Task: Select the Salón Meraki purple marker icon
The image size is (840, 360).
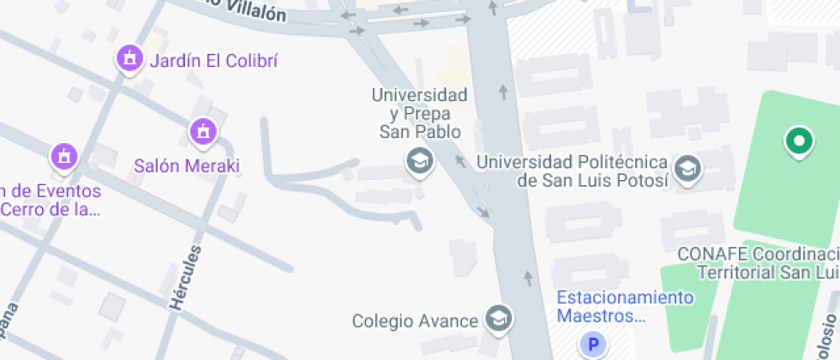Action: tap(202, 131)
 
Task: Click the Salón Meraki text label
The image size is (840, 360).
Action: tap(187, 165)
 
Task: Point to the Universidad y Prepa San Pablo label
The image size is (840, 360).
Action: tap(420, 113)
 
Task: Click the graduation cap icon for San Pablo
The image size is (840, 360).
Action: tap(419, 160)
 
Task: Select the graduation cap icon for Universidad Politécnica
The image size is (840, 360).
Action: tap(687, 170)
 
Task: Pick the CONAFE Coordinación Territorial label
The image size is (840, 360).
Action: tap(759, 263)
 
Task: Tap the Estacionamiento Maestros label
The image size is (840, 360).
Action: tap(624, 307)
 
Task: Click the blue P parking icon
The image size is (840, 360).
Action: tap(591, 345)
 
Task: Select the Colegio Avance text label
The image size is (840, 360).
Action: tap(415, 321)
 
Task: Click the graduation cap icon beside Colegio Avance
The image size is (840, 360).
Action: tap(497, 320)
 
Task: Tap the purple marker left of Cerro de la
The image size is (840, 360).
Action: tap(64, 157)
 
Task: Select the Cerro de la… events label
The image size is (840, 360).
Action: tap(51, 199)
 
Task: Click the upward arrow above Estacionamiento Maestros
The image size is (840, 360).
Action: tap(528, 278)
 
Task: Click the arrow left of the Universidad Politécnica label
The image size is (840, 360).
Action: tap(461, 160)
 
